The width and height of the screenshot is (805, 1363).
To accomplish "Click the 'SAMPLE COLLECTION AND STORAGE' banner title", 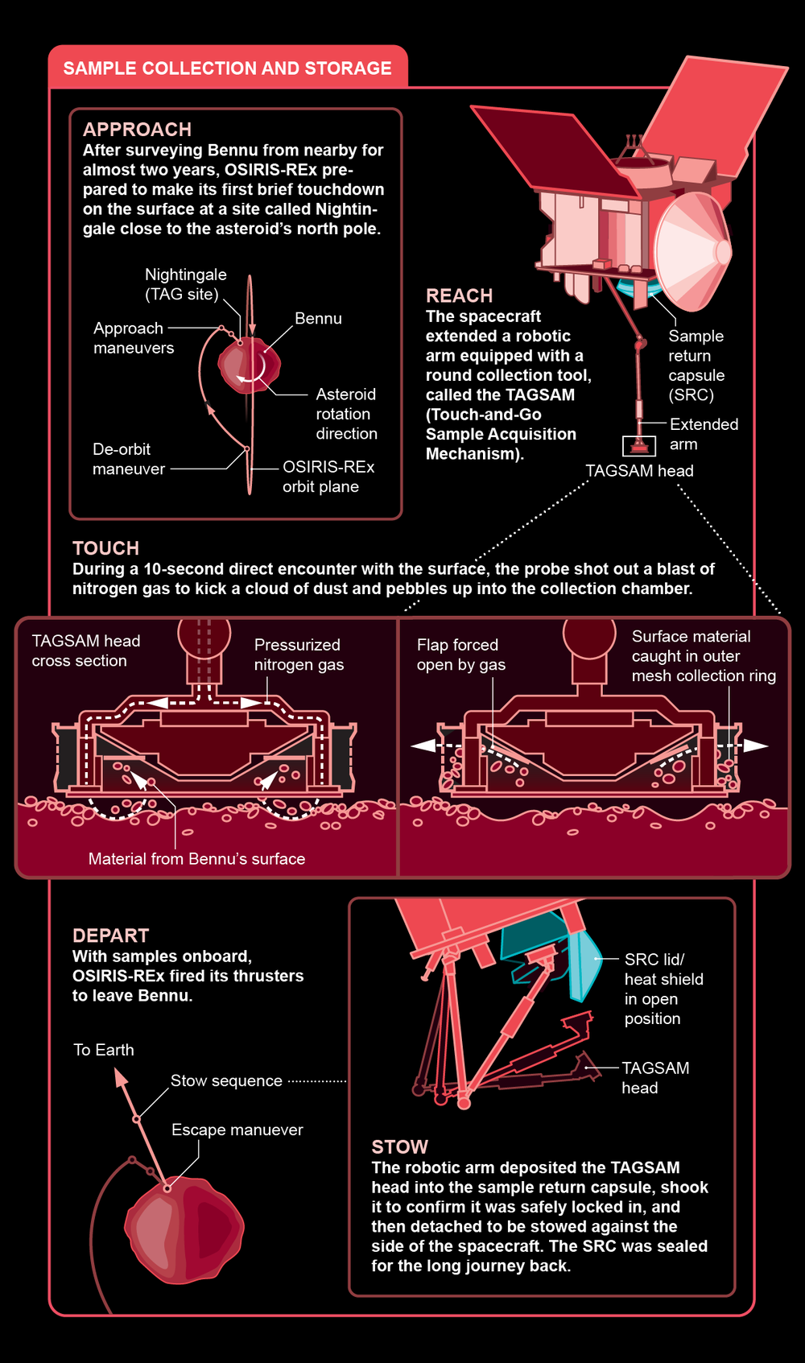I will click(x=227, y=68).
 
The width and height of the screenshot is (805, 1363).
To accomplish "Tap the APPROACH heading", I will click(x=137, y=130).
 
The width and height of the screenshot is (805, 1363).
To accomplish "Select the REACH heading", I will click(x=459, y=295).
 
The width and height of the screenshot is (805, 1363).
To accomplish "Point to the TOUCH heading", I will click(x=105, y=548).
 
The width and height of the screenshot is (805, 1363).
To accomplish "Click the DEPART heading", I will click(x=110, y=936).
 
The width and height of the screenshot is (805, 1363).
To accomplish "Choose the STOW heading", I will click(x=399, y=1147).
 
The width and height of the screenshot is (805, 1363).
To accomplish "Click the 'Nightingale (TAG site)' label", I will click(x=185, y=284).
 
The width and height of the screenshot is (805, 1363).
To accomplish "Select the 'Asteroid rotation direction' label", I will click(x=345, y=414).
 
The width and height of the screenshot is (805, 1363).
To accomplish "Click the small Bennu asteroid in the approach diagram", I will click(x=249, y=366).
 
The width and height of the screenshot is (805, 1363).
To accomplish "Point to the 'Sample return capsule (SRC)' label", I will click(x=696, y=366).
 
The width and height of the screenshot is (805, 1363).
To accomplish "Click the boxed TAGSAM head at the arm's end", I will click(x=639, y=445).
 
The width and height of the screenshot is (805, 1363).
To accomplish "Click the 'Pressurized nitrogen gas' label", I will click(x=298, y=655).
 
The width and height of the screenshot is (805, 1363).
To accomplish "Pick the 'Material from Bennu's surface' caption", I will click(x=196, y=859).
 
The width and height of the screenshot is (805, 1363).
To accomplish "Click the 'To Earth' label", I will click(x=103, y=1050).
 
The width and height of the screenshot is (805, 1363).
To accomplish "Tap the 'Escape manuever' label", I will click(x=237, y=1130).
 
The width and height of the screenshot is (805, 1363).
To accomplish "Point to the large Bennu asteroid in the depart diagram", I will click(x=184, y=1229).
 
